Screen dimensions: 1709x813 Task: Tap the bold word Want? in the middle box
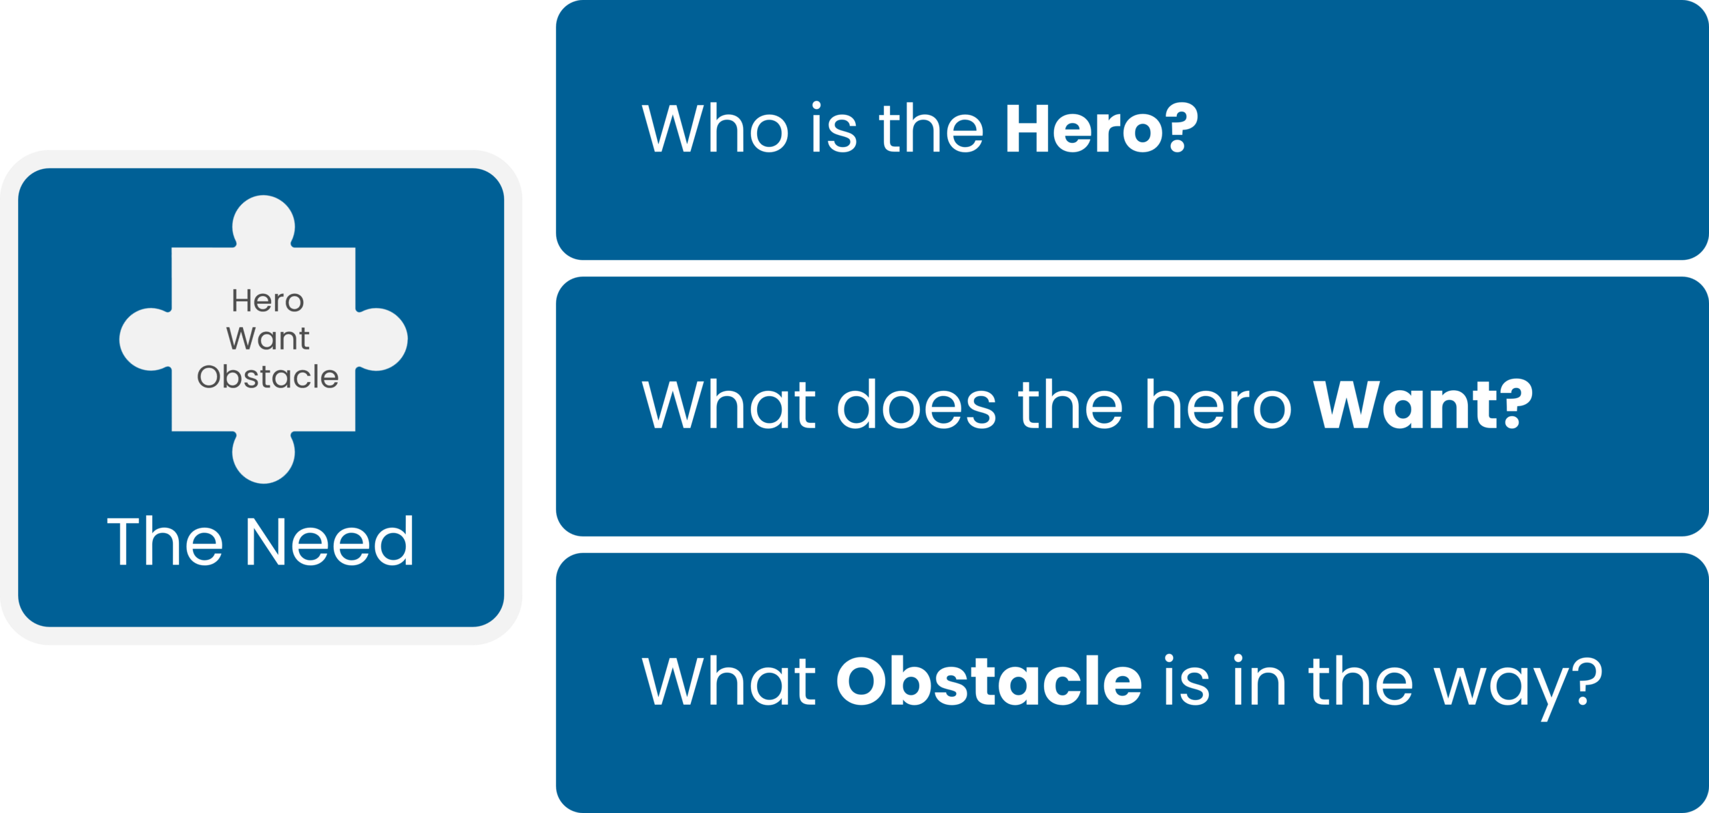1423,404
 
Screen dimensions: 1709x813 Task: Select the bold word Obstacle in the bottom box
989,681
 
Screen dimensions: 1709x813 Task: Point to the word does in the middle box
917,404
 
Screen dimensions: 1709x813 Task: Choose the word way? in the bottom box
1519,688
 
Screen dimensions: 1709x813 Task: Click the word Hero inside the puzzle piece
268,301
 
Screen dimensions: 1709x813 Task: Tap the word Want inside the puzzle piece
268,339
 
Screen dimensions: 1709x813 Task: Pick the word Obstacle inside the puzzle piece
268,377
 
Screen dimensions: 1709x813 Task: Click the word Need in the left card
330,541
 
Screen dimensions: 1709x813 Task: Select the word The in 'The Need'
165,541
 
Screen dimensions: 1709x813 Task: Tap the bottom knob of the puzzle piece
264,457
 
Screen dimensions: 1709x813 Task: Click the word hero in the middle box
1219,404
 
